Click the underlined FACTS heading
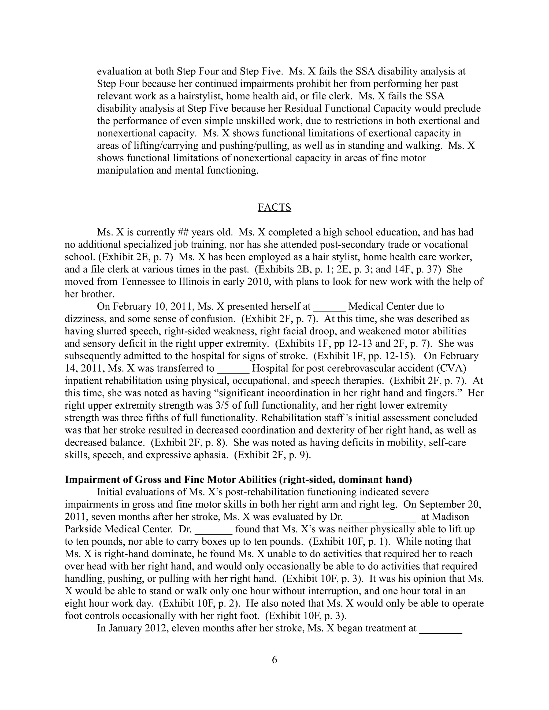274,207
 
